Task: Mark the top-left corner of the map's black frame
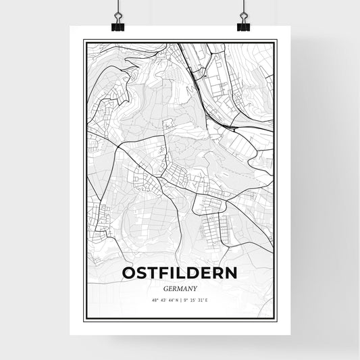click(84, 41)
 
